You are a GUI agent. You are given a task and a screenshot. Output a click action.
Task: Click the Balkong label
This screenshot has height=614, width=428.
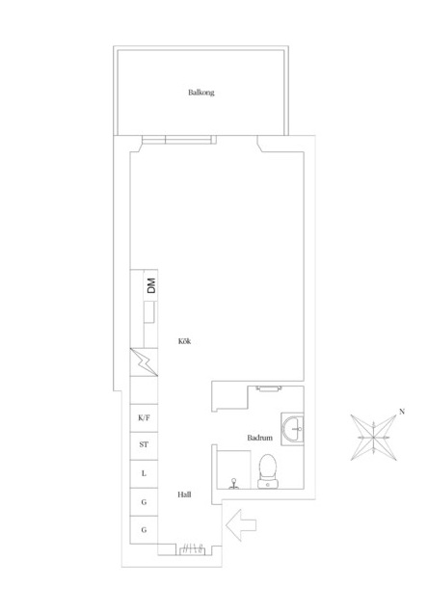(201, 93)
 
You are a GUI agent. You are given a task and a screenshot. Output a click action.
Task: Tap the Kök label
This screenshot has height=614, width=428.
(184, 341)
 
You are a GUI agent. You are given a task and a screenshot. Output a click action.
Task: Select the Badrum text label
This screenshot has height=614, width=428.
(259, 438)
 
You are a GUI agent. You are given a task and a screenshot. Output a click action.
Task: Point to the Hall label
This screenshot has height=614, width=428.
(184, 494)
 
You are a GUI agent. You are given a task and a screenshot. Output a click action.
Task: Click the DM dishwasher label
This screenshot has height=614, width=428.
(151, 285)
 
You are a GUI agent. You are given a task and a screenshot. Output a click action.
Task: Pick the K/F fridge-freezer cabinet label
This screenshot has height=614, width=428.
(144, 417)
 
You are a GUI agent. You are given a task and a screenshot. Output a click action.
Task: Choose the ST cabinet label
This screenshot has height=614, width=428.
(144, 445)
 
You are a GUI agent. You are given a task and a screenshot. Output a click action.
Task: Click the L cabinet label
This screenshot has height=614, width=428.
(144, 473)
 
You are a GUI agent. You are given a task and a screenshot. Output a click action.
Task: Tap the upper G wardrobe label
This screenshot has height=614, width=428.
(144, 502)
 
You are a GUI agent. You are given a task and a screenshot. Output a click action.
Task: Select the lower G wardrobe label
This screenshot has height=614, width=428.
(144, 530)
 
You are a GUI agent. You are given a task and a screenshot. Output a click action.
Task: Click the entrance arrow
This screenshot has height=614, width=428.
(241, 524)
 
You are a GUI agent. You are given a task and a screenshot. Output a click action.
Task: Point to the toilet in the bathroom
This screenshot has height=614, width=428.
(268, 471)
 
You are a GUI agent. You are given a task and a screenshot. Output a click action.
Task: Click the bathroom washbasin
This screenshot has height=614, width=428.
(292, 429)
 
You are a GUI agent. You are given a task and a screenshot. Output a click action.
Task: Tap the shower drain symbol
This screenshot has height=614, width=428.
(234, 483)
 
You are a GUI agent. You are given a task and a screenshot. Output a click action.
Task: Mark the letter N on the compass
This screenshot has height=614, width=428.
(402, 412)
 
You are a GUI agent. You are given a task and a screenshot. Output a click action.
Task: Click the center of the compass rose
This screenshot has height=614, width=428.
(374, 437)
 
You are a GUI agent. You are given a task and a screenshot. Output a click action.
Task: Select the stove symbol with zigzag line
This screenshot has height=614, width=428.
(144, 361)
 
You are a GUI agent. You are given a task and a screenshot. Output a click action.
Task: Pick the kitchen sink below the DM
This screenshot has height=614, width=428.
(149, 312)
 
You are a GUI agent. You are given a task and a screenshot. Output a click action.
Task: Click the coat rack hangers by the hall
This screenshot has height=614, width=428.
(192, 548)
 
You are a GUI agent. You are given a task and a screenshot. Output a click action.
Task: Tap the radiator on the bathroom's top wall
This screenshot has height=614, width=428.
(269, 388)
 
